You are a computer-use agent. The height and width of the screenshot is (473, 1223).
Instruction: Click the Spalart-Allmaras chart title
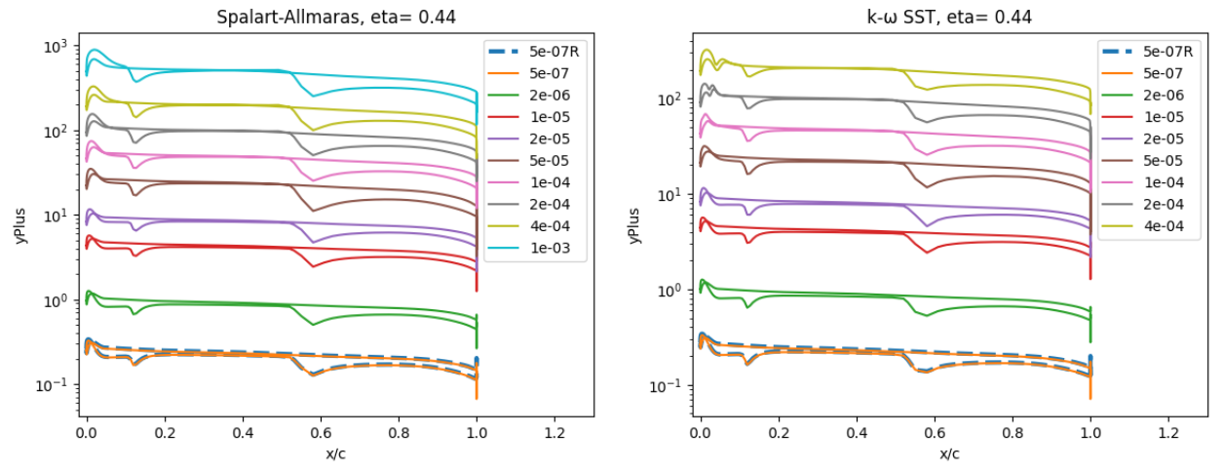(336, 17)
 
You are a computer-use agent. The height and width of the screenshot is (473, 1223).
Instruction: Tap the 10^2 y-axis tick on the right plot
(667, 99)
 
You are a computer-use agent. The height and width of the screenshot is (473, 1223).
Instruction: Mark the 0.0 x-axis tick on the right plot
(700, 432)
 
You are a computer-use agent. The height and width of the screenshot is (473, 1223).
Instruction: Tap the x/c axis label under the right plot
(949, 454)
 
